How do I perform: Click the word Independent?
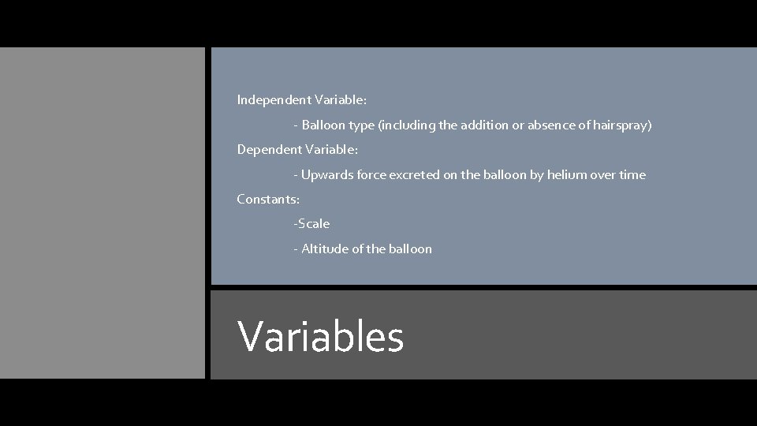click(274, 100)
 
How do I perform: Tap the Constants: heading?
click(268, 199)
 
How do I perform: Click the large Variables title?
click(320, 336)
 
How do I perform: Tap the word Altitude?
click(325, 248)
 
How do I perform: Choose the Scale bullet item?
click(313, 224)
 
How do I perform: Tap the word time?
click(632, 174)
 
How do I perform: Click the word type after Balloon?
click(360, 125)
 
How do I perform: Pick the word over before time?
click(603, 174)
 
